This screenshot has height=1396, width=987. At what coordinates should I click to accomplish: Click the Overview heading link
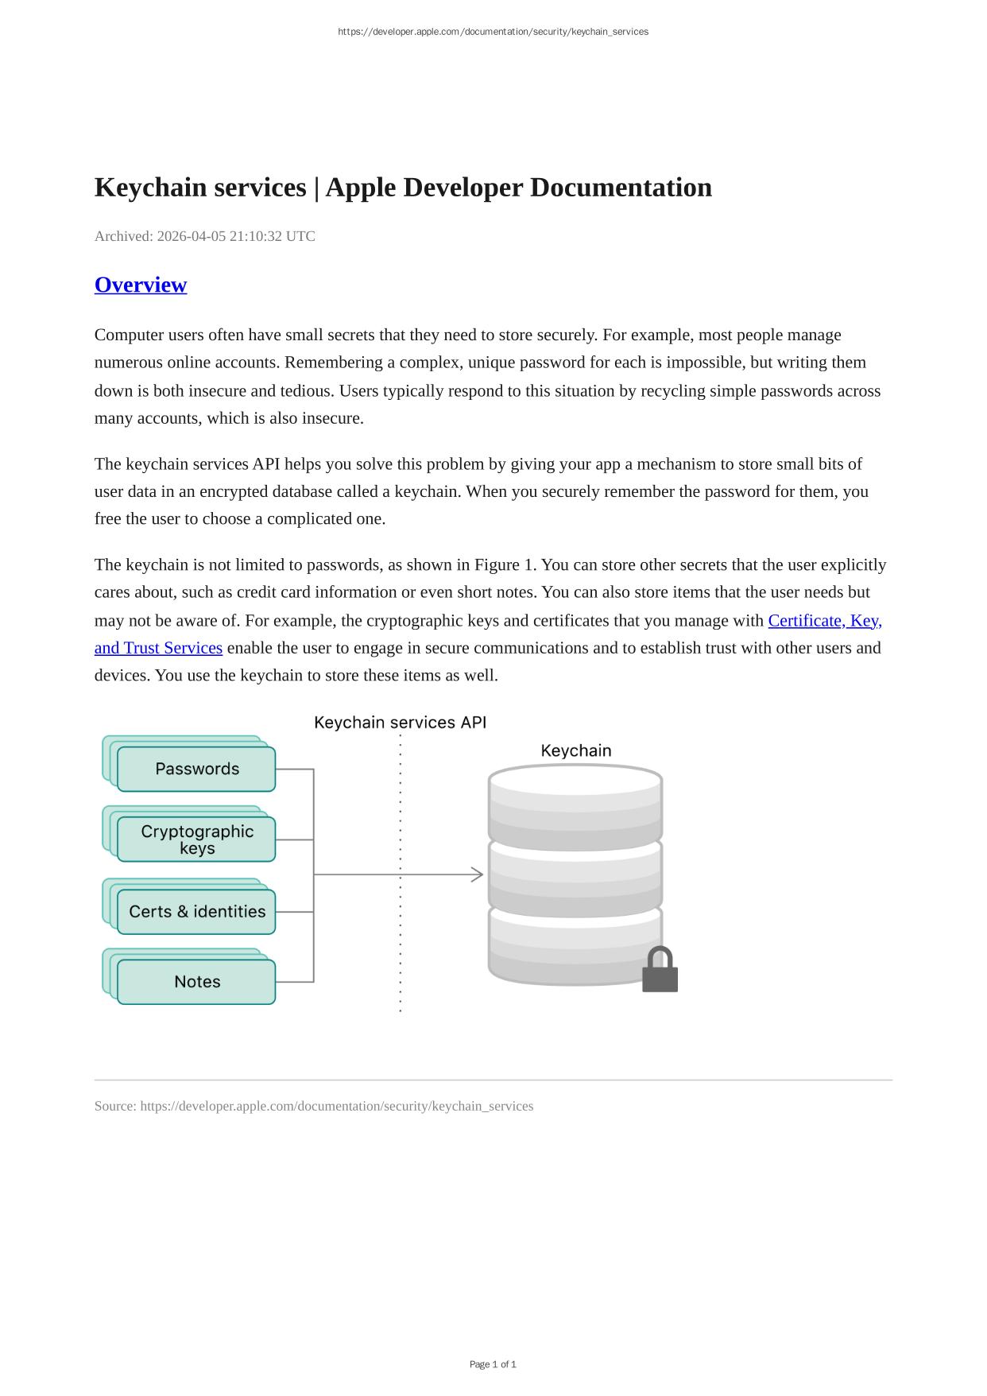coord(141,285)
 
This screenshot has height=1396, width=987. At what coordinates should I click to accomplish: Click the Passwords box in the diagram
coord(196,769)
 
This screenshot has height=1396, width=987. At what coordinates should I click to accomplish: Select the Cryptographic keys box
coord(196,840)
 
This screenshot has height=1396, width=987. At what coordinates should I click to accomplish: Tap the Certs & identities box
coord(196,911)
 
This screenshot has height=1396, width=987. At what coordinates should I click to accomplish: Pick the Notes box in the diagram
coord(196,982)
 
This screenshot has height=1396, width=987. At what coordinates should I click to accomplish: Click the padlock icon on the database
coord(660,971)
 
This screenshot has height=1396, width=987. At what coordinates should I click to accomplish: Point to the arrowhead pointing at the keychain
coord(477,874)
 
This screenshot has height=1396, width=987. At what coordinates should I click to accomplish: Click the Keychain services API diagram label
coord(400,723)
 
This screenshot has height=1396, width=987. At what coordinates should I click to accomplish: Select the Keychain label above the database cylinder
coord(576,750)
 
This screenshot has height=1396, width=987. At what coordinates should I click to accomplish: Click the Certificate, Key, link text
coord(825,621)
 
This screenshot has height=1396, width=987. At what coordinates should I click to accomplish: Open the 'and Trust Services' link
coord(158,648)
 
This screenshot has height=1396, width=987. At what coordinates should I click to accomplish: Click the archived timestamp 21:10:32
coord(256,236)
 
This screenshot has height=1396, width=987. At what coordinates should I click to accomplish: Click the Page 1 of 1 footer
coord(493,1364)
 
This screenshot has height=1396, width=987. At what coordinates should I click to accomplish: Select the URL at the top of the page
coord(493,32)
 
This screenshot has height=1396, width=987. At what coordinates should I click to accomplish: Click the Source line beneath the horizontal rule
coord(314,1106)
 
